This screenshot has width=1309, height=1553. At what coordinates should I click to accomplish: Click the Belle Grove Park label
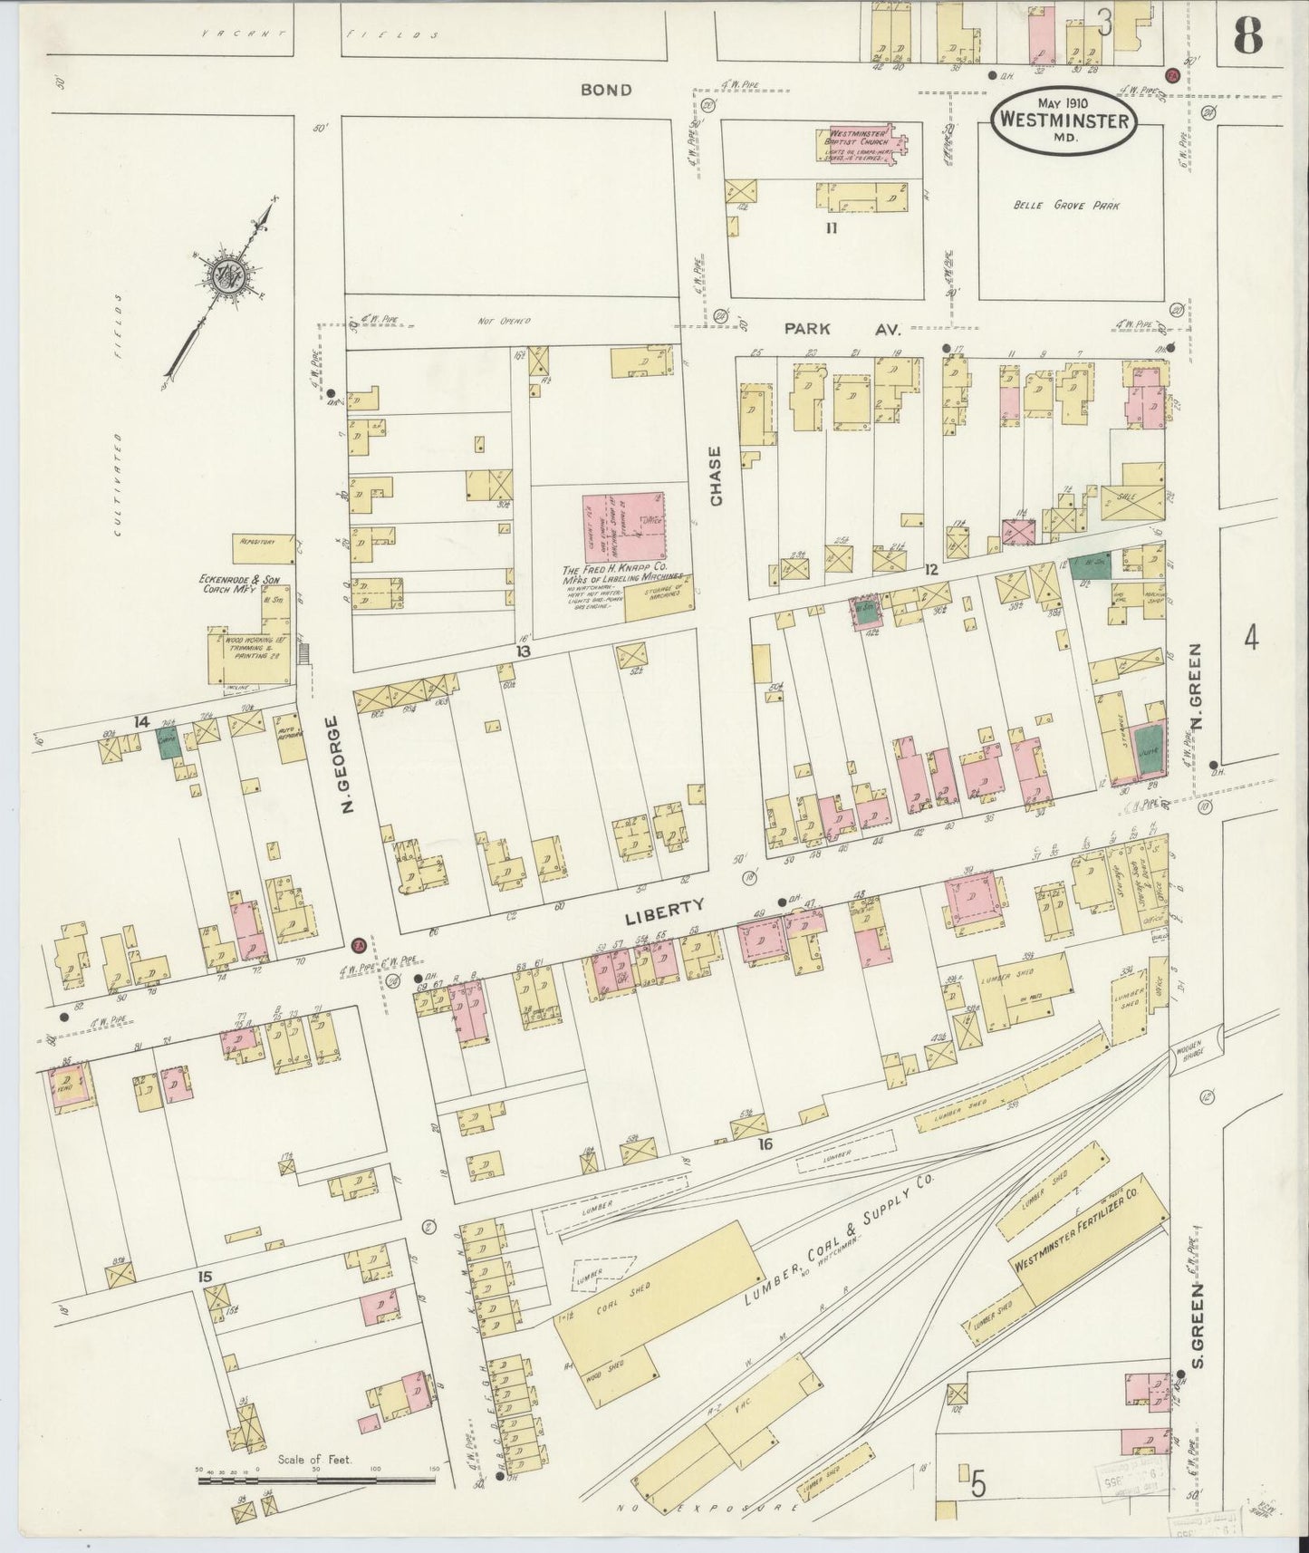click(1066, 206)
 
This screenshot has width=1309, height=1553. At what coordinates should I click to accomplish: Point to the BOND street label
click(606, 91)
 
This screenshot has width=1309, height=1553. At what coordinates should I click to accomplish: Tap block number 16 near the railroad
click(765, 1144)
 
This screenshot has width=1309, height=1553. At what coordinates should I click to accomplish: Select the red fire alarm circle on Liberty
click(358, 944)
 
